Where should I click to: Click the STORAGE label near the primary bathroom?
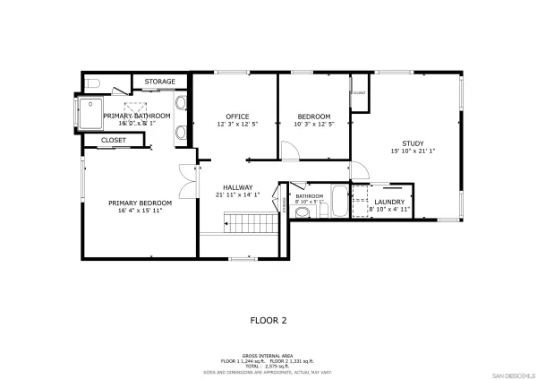coord(160,82)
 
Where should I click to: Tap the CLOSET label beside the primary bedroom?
coord(114,140)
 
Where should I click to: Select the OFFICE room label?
coord(236,117)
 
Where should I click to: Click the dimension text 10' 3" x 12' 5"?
coord(313,125)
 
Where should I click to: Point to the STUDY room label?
coord(413,143)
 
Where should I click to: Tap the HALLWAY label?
coord(237,186)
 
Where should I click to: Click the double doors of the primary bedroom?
coord(186,182)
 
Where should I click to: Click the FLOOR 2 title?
coord(268,319)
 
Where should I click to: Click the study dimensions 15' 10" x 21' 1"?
coord(413,151)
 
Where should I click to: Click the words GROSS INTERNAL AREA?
coord(268,354)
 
